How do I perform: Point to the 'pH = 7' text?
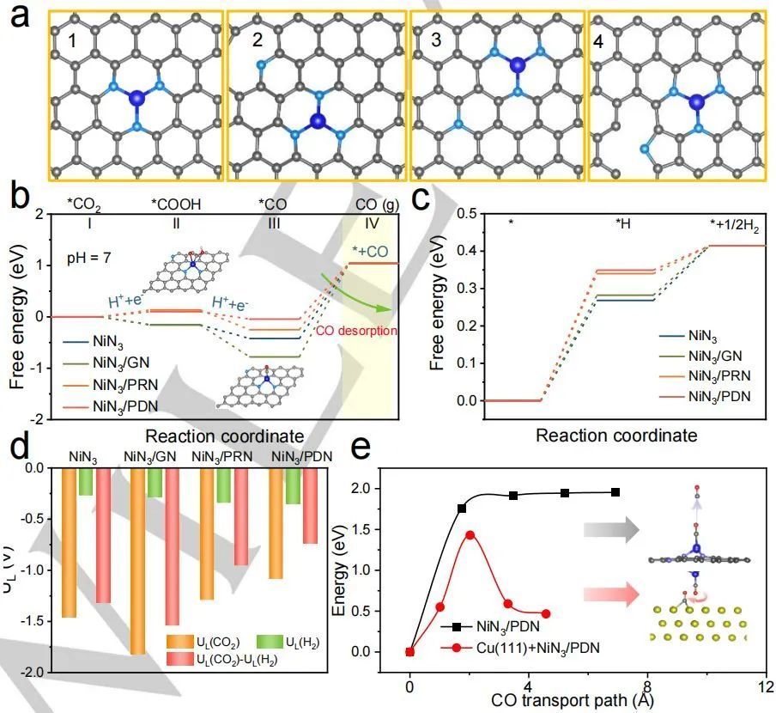[90, 257]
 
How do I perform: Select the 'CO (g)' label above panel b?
[376, 204]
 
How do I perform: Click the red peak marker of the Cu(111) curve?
[470, 534]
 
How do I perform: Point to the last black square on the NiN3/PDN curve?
[615, 491]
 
